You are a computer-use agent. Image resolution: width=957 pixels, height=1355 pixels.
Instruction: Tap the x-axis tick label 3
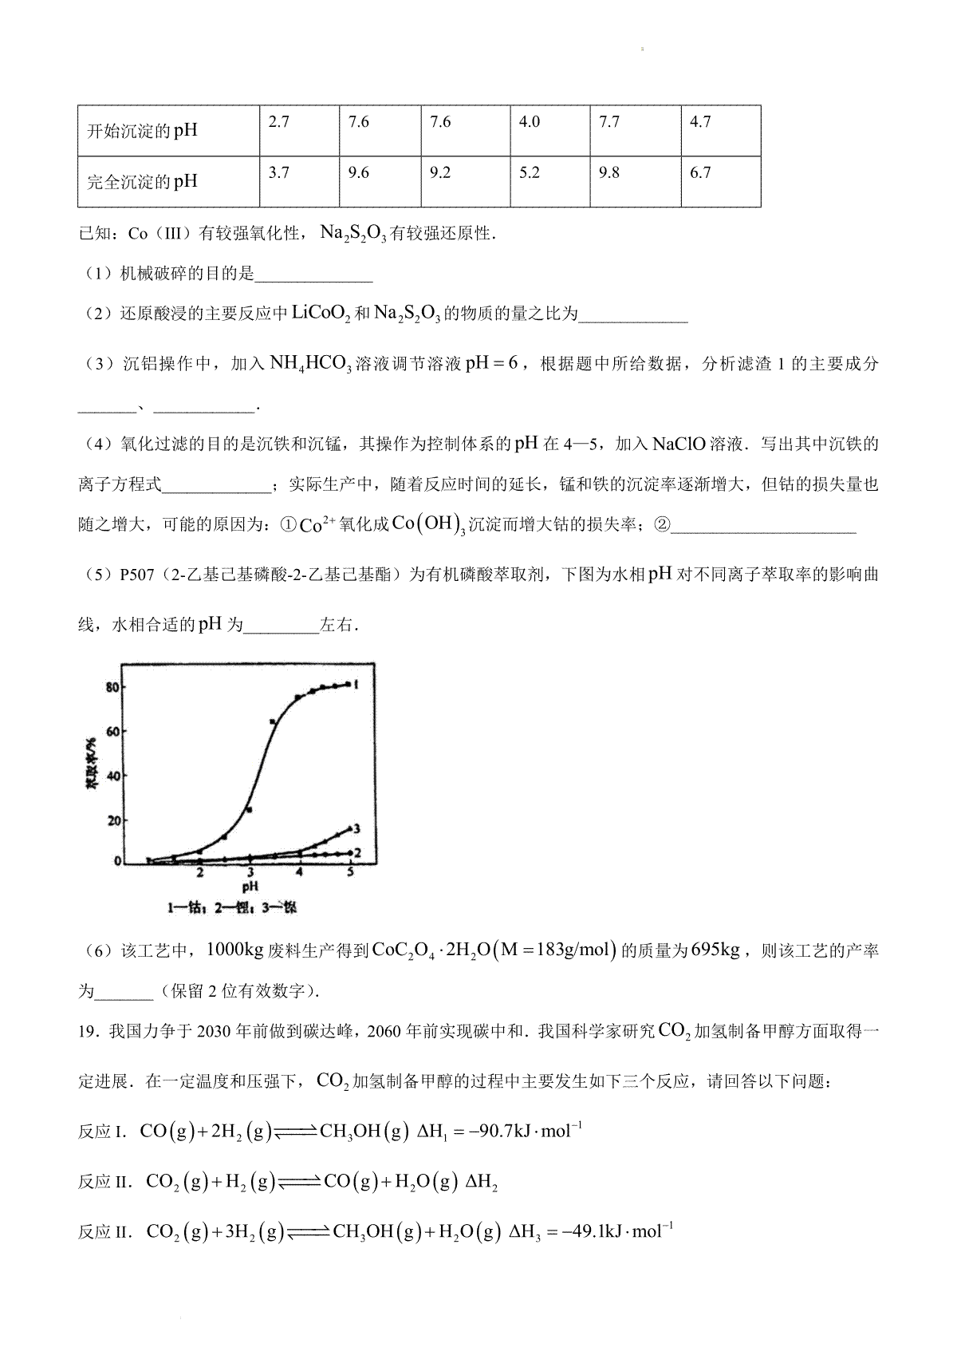(x=250, y=872)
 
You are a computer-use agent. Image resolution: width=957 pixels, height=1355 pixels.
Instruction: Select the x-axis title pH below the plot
(x=250, y=887)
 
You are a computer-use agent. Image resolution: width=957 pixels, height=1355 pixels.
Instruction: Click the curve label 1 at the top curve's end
(x=360, y=685)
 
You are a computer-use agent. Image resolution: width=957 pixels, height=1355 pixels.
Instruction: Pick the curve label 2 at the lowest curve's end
(x=358, y=853)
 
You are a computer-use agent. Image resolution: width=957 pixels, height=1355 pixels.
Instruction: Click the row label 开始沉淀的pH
(x=142, y=130)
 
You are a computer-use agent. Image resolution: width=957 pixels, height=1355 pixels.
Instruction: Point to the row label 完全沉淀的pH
(x=142, y=181)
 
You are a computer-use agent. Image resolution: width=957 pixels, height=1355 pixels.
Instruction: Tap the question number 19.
(x=87, y=1032)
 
